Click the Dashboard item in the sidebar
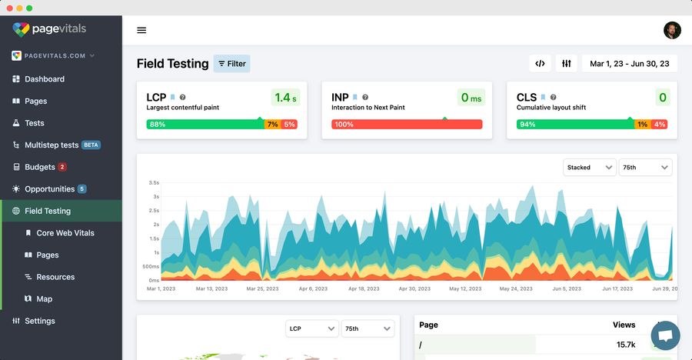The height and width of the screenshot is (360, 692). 44,79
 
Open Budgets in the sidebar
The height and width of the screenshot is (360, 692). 39,167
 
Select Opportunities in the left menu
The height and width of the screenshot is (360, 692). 49,189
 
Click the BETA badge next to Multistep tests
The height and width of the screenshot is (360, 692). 91,145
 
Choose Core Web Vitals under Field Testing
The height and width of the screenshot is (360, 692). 65,233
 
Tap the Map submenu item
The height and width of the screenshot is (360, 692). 45,299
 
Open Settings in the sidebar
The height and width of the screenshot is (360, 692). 39,321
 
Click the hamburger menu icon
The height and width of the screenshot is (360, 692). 141,31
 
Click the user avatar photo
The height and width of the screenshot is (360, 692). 672,30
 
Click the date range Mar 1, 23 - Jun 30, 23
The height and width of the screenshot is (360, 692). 629,64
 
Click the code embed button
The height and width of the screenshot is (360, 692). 540,64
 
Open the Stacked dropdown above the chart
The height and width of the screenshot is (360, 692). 588,167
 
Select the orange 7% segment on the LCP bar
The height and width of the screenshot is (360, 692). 272,124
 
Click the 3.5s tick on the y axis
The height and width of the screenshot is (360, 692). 154,183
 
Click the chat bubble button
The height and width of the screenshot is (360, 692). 665,335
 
